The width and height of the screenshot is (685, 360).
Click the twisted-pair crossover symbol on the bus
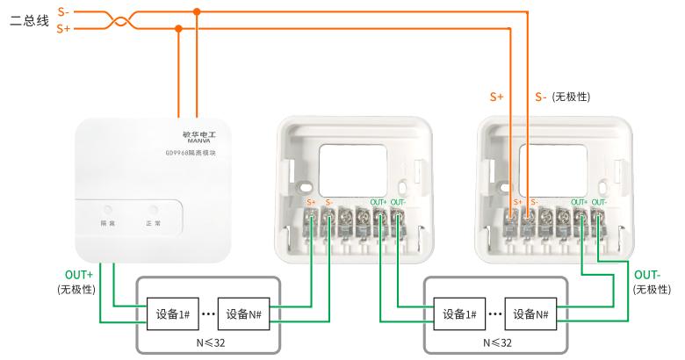pyautogui.click(x=114, y=20)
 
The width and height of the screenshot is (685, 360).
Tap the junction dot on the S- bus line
pyautogui.click(x=197, y=12)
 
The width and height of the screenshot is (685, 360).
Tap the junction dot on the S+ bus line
pyautogui.click(x=179, y=28)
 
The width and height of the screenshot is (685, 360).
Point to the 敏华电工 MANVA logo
pyautogui.click(x=185, y=138)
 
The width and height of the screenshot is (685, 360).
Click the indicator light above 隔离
pyautogui.click(x=107, y=211)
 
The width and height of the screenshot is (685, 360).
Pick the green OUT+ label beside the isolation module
pyautogui.click(x=79, y=275)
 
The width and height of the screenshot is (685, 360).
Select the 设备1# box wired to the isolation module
pyautogui.click(x=171, y=314)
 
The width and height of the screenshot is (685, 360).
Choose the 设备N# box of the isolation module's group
pyautogui.click(x=242, y=314)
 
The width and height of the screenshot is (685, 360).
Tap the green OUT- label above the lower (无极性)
pyautogui.click(x=646, y=275)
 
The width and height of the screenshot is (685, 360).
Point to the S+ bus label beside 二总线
pyautogui.click(x=63, y=29)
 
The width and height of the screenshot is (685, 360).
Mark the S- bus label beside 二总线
pyautogui.click(x=63, y=12)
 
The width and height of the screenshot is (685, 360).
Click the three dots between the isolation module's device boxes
pyautogui.click(x=207, y=314)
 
